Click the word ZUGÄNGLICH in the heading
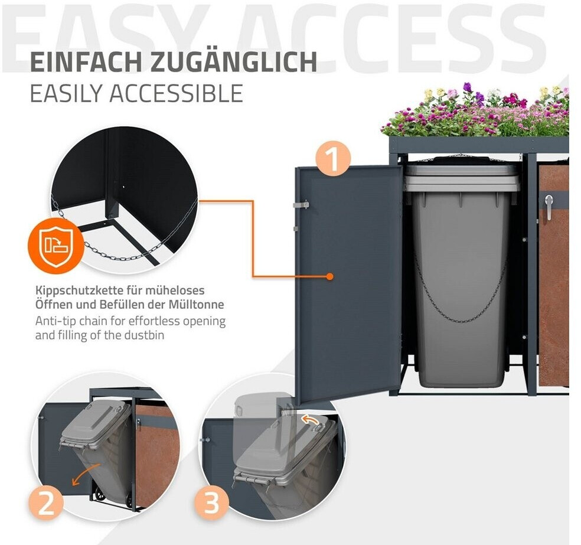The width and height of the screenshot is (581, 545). pos(234,61)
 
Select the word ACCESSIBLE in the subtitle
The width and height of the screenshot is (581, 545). pos(177,93)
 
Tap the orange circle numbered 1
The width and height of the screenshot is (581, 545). pos(333,159)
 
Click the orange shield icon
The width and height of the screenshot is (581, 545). pos(56,246)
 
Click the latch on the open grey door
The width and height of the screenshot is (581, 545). pos(301,204)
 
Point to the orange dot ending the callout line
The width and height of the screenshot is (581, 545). pos(329,276)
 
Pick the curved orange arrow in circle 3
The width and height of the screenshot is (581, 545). pos(311,419)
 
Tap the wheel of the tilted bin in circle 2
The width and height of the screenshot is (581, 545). pos(99,495)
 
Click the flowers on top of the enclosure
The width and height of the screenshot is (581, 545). pos(475,111)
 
